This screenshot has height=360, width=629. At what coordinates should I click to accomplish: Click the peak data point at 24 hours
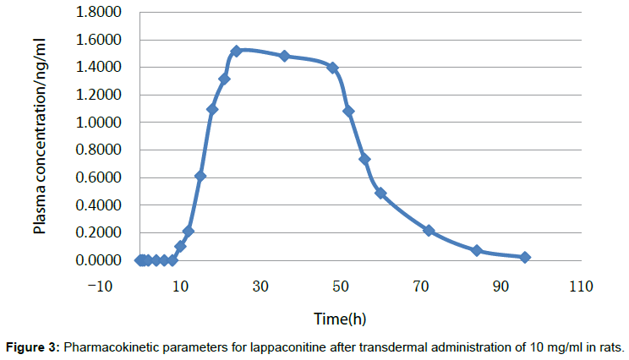(236, 52)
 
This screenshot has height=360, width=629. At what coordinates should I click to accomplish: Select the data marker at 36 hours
(284, 56)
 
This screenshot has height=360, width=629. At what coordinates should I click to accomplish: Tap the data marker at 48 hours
(332, 68)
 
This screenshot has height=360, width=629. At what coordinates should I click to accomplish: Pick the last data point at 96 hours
(525, 257)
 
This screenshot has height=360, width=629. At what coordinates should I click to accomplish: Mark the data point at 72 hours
(429, 230)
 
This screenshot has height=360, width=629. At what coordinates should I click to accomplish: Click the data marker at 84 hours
(477, 250)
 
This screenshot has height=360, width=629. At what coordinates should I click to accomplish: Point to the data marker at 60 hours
(380, 193)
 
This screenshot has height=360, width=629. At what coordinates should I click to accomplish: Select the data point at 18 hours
(212, 109)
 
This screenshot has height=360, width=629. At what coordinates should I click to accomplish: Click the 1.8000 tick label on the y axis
(99, 13)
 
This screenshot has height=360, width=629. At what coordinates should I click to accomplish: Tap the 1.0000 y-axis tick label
(99, 123)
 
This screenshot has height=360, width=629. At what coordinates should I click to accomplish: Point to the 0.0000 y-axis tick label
(99, 260)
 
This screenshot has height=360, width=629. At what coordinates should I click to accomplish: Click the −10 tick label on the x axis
(100, 287)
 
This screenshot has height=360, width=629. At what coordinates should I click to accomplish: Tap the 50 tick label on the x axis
(341, 287)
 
